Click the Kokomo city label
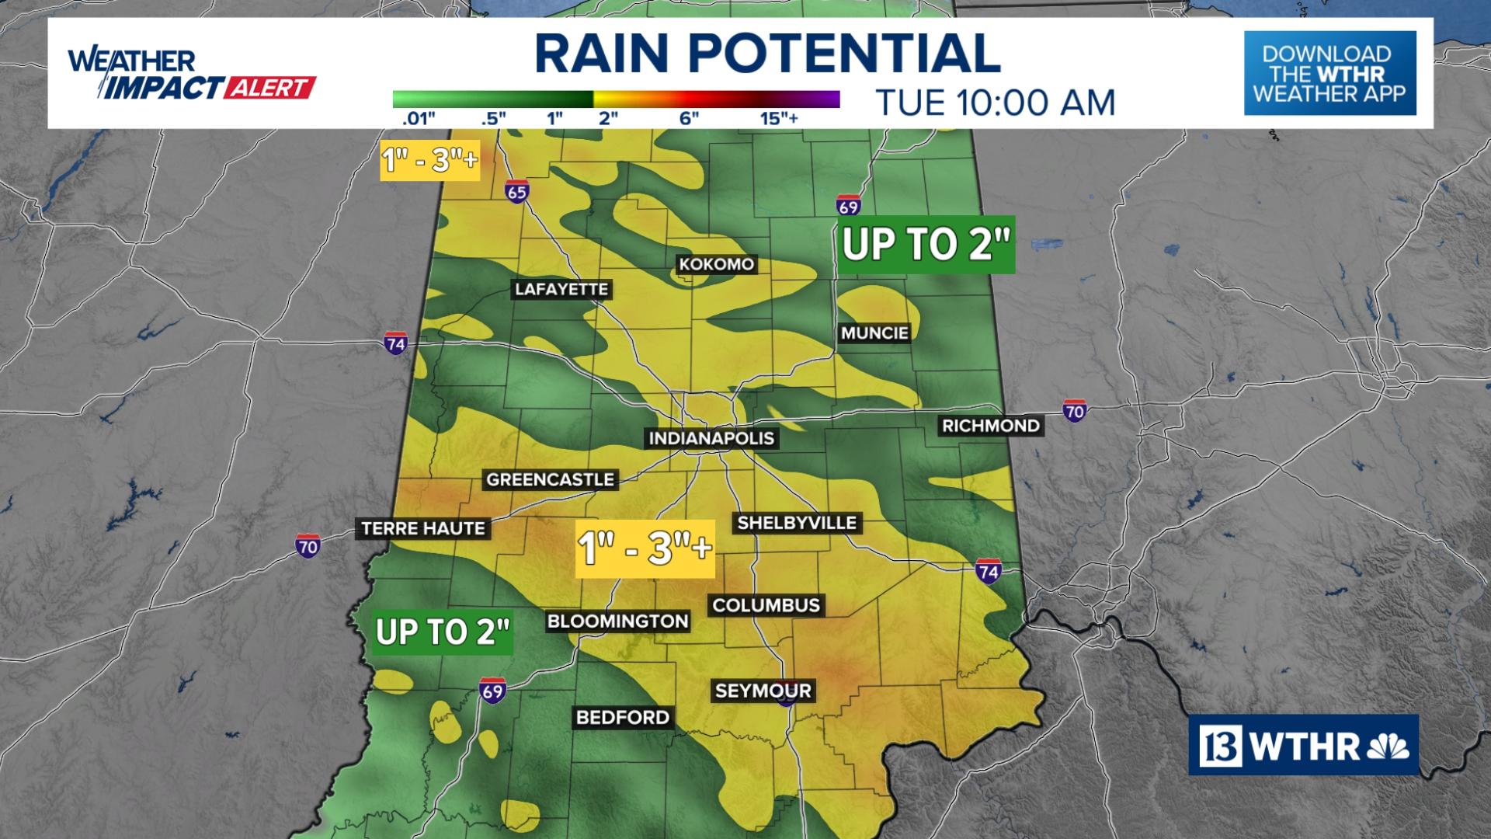pos(716,264)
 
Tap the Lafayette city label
pos(561,290)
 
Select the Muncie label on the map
pos(874,333)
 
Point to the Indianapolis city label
pos(711,438)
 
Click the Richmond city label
pos(990,426)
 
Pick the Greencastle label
pos(550,480)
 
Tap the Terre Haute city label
pos(423,529)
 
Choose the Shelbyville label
pos(797,523)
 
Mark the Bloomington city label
pos(617,621)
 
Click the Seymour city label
pos(763,691)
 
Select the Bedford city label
pos(623,717)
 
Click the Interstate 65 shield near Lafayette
pos(517,191)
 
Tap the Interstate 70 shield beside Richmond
pos(1074,410)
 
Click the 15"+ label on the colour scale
pos(780,119)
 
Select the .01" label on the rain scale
pos(419,119)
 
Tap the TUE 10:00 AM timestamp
pos(995,103)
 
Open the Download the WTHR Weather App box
pos(1329,74)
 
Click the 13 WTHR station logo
pos(1303,746)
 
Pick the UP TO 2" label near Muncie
pos(926,245)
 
